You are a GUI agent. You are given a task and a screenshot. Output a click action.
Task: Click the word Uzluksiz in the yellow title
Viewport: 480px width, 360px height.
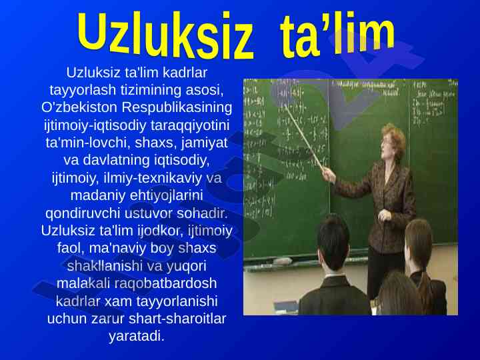point(165,35)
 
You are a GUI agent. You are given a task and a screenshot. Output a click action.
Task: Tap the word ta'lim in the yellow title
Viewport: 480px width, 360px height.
point(337,34)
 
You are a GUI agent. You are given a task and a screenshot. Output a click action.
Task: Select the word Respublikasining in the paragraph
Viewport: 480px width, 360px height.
point(177,107)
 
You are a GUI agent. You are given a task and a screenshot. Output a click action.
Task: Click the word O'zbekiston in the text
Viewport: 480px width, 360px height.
point(79,107)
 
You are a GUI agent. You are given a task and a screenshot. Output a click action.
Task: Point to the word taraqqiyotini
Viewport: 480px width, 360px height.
point(190,125)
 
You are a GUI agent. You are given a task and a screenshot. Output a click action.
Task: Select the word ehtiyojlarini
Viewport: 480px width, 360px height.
point(166,195)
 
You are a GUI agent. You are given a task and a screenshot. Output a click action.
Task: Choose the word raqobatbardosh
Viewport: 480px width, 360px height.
point(165,283)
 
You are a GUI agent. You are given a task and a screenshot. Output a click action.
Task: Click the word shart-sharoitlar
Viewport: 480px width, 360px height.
point(177,319)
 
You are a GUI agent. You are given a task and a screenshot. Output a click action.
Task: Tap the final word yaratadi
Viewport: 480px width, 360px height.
point(137,336)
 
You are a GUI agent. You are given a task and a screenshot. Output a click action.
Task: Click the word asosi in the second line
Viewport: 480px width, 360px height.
point(204,90)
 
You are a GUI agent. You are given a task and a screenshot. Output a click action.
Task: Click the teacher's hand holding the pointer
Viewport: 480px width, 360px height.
point(329,175)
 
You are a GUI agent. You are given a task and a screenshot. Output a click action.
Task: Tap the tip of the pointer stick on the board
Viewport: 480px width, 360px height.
point(286,106)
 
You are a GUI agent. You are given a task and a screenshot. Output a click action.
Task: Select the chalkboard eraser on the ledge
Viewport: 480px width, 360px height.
point(282,261)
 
